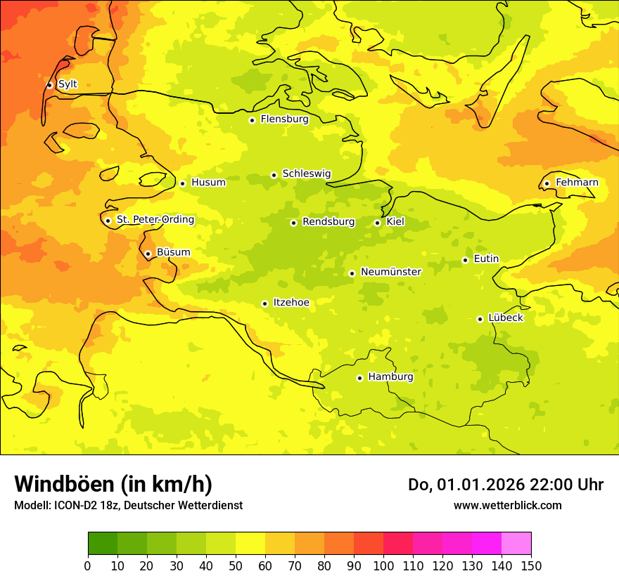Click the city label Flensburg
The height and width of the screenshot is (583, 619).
[x=284, y=119]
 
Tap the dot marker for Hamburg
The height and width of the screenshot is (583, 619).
[x=359, y=378]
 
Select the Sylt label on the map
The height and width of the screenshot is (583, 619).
[x=68, y=84]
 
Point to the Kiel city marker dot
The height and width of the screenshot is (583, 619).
[x=377, y=223]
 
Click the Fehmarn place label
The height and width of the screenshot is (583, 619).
[x=577, y=183]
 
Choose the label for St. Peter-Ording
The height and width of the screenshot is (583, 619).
[x=155, y=220]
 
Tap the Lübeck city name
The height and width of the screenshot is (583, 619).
[x=505, y=318]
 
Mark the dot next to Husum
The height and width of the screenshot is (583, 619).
[x=182, y=183]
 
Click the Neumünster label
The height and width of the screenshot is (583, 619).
[x=391, y=272]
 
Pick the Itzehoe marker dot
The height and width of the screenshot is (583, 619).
[x=264, y=303]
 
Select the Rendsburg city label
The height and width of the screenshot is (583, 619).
[x=328, y=222]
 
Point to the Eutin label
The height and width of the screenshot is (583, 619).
[x=486, y=259]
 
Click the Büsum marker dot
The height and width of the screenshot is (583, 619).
[x=148, y=254]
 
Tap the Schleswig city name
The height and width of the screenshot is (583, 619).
[x=306, y=173]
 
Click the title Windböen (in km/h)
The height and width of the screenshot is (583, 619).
[x=113, y=484]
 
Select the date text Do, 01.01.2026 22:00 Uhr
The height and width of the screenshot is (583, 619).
[x=506, y=485]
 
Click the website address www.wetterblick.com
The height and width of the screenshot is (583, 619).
[x=507, y=505]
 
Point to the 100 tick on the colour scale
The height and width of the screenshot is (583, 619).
[x=383, y=566]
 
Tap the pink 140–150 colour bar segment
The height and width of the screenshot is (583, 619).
[x=516, y=543]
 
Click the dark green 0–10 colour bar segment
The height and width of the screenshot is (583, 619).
[x=103, y=543]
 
